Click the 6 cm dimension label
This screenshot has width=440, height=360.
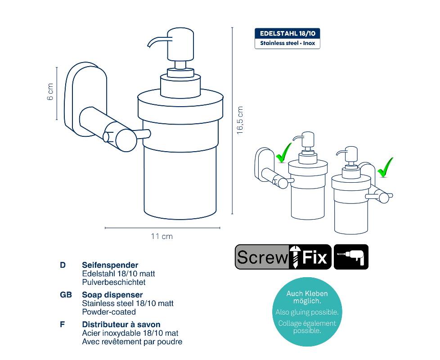coord(50,92)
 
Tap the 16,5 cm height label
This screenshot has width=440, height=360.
coord(240,120)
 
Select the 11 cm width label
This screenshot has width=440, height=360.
coord(162,236)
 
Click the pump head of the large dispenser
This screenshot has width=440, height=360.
coord(180,45)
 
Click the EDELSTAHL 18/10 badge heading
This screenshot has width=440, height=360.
coord(287,33)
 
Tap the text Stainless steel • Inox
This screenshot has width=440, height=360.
coord(287,43)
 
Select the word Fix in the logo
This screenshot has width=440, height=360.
coord(314,257)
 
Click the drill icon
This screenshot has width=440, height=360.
coord(351,257)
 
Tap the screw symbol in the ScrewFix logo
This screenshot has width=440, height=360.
coord(295,256)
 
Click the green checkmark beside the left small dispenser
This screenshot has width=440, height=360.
coord(284,153)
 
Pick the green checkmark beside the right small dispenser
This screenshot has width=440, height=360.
coord(385,167)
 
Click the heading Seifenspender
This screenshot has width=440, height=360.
coord(110,265)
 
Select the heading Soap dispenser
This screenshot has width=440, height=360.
coord(112,295)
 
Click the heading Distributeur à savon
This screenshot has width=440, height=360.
coord(121,324)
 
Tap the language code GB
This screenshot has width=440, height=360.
coord(66,295)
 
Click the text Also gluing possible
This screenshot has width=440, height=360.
coord(307,312)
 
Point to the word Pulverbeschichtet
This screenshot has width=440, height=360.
coord(114,282)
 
